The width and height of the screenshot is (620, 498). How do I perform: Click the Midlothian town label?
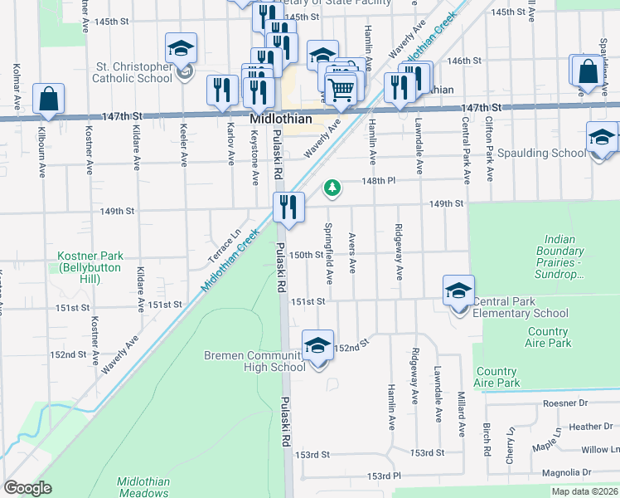(x=281, y=120)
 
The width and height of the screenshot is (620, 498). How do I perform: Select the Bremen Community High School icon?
(x=317, y=346)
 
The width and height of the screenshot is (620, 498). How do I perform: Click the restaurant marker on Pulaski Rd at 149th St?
(x=288, y=207)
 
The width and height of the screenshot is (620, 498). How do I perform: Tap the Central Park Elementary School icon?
(x=458, y=291)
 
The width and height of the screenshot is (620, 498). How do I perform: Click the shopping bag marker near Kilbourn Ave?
(x=49, y=99)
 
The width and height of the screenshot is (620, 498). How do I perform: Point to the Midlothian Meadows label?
(x=143, y=488)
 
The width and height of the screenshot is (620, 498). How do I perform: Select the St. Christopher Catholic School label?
(x=124, y=72)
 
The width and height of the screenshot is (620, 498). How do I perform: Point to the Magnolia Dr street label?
(x=586, y=472)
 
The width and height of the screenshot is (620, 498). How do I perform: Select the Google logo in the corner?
(x=27, y=488)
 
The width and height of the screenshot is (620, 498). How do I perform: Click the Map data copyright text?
(x=584, y=491)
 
